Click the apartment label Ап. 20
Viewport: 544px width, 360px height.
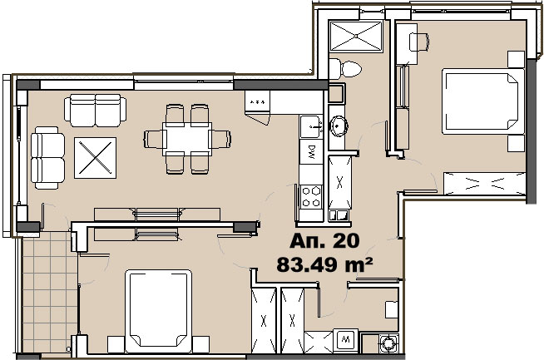(x=324, y=241)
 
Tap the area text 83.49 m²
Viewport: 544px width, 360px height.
(x=324, y=264)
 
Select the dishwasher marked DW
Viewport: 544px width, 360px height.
(x=311, y=151)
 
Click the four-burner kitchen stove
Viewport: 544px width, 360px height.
(x=311, y=197)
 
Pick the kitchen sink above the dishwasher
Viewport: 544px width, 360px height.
(x=312, y=127)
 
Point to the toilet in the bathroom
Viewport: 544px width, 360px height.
(x=345, y=69)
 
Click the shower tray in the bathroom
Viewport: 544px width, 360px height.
(x=356, y=37)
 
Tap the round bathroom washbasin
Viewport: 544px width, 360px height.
(x=338, y=126)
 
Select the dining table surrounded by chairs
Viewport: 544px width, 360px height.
(x=187, y=139)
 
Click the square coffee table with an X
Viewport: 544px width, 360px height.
(x=95, y=158)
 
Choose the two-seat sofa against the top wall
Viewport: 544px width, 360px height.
(x=95, y=111)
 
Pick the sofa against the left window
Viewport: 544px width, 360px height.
(x=47, y=158)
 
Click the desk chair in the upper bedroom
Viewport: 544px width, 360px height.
(x=419, y=42)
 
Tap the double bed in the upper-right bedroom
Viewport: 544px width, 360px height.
(x=483, y=101)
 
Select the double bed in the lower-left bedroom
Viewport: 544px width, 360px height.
(x=159, y=311)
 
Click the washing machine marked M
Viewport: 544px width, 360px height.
(x=345, y=339)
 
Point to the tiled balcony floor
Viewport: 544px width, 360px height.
(x=50, y=293)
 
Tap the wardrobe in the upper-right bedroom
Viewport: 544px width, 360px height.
(x=485, y=184)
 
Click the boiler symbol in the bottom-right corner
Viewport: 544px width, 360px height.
(x=389, y=343)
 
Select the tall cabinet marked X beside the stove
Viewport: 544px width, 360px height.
(x=339, y=182)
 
